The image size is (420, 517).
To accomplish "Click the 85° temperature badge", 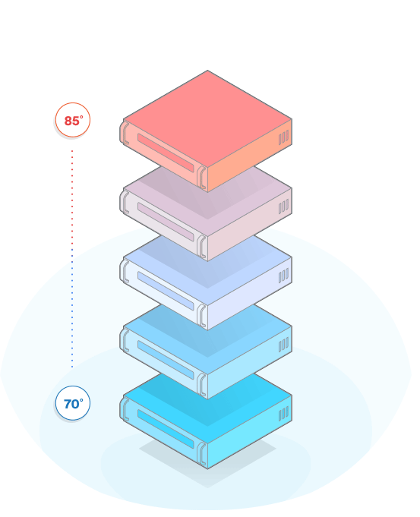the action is (72, 120).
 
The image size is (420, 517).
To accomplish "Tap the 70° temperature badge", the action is (72, 403).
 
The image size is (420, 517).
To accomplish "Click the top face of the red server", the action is (207, 119).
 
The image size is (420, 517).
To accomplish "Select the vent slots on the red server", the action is (283, 137).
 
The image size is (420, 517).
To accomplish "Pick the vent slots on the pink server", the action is (283, 206).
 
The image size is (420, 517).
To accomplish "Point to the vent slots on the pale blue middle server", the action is (283, 276).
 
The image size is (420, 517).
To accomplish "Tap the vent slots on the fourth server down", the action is (283, 345).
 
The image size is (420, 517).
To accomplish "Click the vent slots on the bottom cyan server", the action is (283, 414).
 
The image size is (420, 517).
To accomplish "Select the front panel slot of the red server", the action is (166, 153).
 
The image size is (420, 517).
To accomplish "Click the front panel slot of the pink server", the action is (166, 222).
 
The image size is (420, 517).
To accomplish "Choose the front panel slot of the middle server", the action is (166, 291).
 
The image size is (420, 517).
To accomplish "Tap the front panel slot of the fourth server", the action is (166, 360).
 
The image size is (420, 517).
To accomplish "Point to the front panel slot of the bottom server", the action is (166, 429).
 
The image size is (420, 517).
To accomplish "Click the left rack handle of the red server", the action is (125, 133).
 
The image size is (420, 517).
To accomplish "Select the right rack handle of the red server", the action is (201, 178).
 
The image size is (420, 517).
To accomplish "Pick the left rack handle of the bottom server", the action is (125, 409).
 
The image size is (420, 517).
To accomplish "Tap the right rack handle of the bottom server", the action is (201, 454).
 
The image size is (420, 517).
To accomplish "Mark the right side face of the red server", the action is (250, 156).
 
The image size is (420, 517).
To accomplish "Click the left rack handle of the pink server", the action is (125, 202).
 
